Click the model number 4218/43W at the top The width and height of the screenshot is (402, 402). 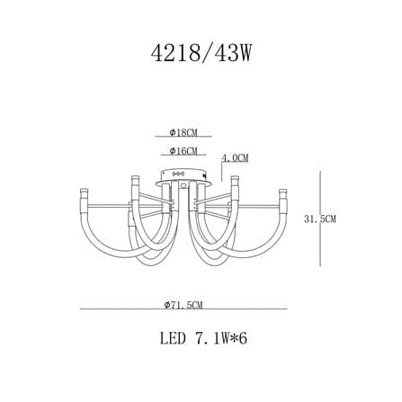201,54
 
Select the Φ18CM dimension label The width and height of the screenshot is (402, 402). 183,132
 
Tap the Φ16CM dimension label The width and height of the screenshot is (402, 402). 183,151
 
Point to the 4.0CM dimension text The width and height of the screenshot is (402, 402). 235,158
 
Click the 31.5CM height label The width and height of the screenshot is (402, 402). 320,219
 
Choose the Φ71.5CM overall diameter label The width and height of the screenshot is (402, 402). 183,305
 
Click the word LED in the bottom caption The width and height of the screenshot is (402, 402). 173,339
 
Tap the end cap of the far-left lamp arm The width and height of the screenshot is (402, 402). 84,191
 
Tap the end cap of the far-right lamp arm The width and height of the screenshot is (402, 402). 283,191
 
